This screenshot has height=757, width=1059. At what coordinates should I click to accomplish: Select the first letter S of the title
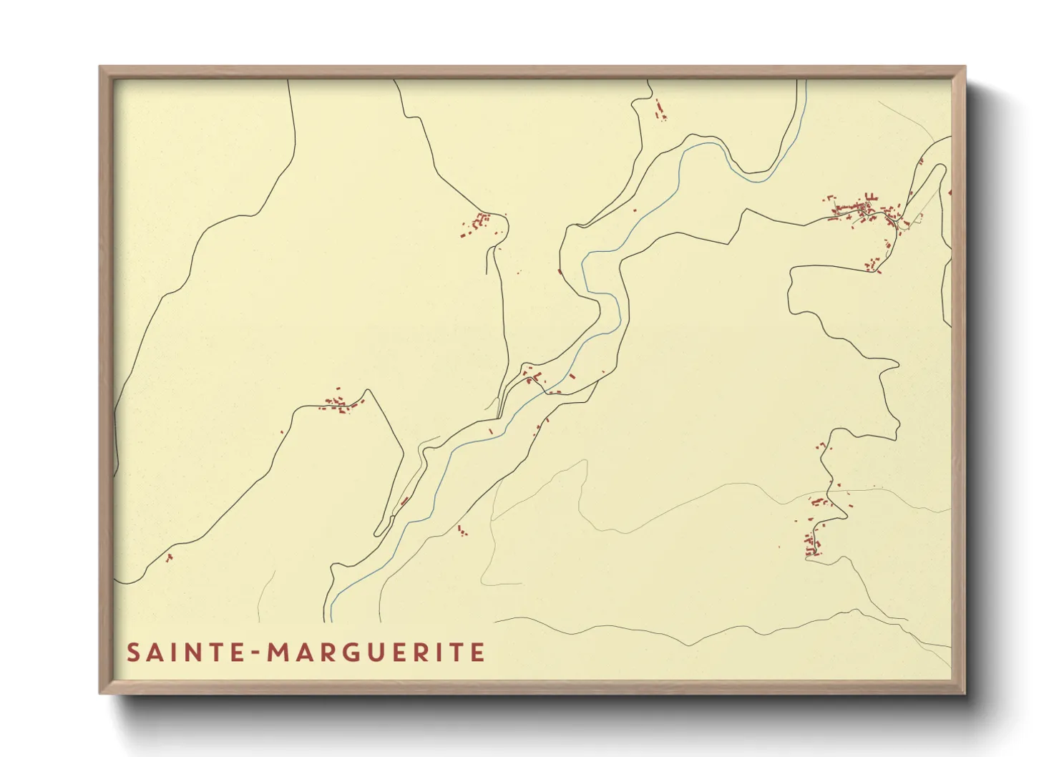pos(133,653)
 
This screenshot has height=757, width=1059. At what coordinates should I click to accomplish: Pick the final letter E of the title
pos(478,653)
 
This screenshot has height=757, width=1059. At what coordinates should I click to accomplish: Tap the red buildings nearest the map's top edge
pos(659,109)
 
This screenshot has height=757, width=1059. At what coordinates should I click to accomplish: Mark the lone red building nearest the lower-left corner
pos(169,557)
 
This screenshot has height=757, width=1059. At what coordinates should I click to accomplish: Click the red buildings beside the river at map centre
pos(533,375)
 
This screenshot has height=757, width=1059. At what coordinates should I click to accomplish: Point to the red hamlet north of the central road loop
pos(477,223)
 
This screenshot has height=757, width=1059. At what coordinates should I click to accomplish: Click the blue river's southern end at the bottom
pos(332,620)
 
